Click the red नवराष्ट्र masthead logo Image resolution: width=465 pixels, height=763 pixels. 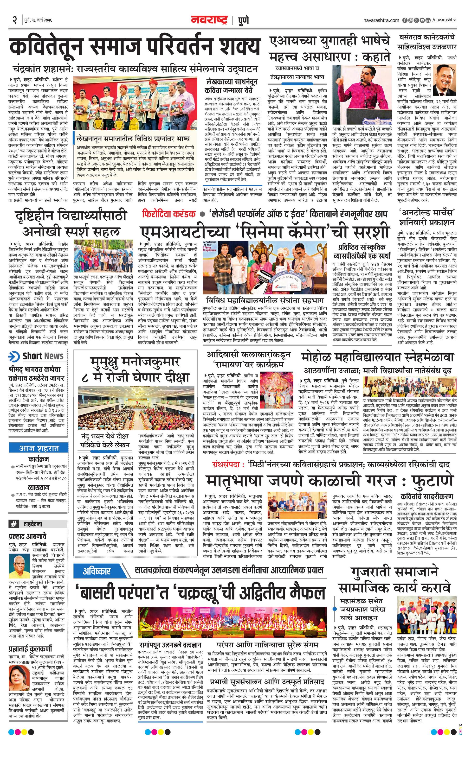209,20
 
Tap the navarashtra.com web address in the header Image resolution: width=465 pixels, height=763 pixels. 381,20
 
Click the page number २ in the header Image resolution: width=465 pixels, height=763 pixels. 14,20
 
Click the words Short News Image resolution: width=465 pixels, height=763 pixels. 43,356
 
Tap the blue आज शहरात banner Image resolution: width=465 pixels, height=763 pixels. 39,448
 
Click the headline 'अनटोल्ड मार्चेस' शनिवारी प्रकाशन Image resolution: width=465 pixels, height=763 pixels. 426,217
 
